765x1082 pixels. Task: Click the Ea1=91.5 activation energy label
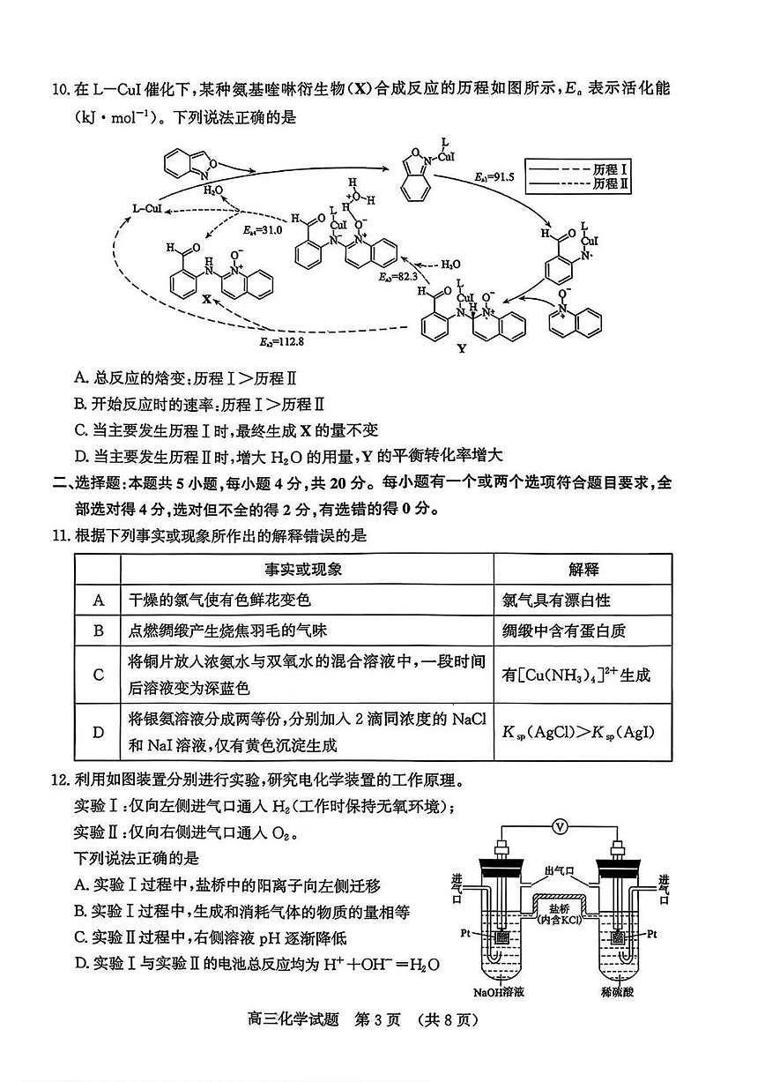pyautogui.click(x=494, y=178)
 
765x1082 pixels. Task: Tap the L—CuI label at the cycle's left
pyautogui.click(x=147, y=208)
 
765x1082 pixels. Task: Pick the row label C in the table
pyautogui.click(x=98, y=675)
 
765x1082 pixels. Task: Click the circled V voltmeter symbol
pyautogui.click(x=558, y=826)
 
